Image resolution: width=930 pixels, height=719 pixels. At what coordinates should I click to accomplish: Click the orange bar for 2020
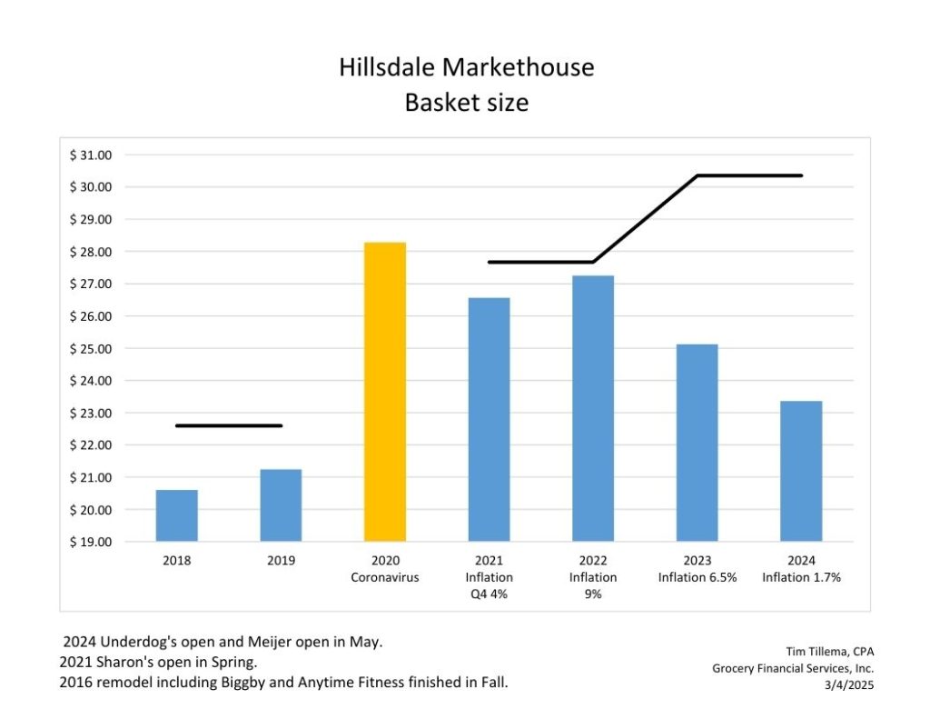[x=385, y=392]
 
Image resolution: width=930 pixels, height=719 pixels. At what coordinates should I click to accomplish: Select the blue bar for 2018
[x=177, y=515]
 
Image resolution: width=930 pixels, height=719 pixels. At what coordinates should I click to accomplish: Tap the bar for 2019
[x=281, y=505]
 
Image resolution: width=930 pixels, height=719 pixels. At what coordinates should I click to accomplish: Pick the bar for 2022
[x=593, y=408]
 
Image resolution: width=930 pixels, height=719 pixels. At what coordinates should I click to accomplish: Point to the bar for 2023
[x=697, y=443]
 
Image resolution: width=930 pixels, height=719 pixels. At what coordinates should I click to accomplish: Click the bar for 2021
[x=489, y=419]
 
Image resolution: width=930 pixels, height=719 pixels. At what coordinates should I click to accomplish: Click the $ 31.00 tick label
[x=90, y=155]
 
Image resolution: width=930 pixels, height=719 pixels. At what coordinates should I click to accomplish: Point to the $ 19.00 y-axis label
[x=90, y=542]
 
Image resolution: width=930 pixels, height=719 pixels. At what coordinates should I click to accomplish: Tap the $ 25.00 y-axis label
[x=90, y=348]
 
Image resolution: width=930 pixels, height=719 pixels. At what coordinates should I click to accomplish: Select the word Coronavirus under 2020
[x=385, y=577]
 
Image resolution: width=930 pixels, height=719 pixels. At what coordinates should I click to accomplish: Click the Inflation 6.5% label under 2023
[x=697, y=577]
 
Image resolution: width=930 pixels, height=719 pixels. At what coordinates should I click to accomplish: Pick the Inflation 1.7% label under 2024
[x=801, y=577]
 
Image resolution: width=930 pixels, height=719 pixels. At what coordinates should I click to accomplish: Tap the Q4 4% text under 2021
[x=489, y=594]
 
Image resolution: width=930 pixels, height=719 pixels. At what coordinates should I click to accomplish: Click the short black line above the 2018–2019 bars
[x=228, y=425]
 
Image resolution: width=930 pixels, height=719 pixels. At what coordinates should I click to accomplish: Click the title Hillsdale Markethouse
[x=466, y=67]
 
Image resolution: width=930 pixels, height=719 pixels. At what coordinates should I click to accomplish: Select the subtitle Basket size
[x=466, y=103]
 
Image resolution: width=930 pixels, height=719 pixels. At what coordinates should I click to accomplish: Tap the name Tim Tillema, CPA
[x=829, y=651]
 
